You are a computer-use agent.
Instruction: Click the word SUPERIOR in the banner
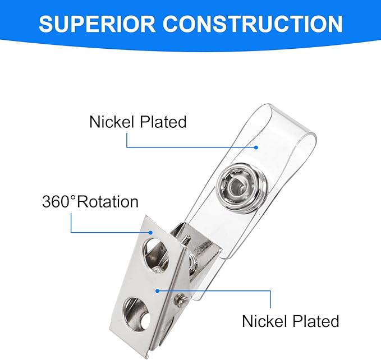[97, 24]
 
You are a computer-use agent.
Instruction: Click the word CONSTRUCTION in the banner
[253, 24]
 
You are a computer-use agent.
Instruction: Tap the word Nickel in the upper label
[112, 121]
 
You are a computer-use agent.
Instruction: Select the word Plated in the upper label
[163, 121]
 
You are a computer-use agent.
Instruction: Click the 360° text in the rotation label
[59, 201]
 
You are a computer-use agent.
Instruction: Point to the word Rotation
[108, 201]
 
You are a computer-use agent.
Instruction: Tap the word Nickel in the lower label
[264, 321]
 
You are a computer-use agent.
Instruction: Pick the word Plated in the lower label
[316, 321]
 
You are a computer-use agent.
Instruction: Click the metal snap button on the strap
[242, 186]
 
